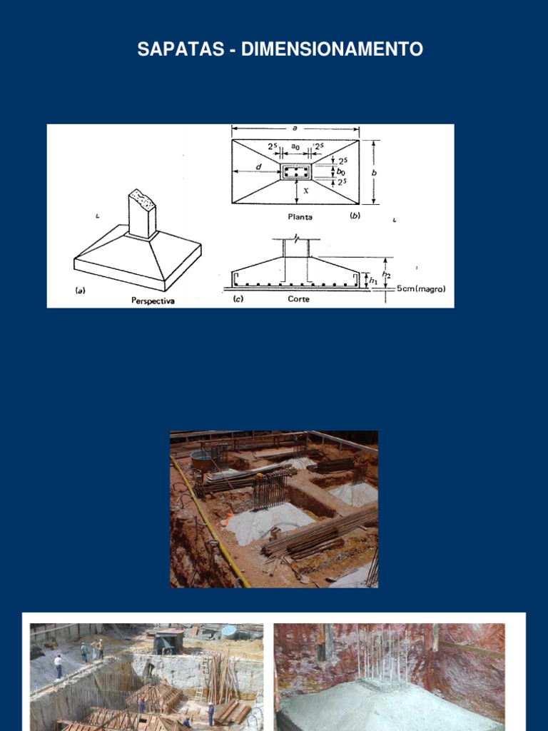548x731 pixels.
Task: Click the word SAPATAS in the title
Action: [x=181, y=49]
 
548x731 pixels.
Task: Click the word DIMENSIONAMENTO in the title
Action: [x=332, y=49]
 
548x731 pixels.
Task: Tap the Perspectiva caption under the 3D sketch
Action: [x=153, y=301]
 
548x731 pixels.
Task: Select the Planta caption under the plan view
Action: [x=300, y=217]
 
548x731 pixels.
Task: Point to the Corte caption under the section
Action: [x=298, y=299]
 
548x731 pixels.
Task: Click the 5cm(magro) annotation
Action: [x=421, y=288]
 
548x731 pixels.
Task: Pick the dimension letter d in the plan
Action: [x=259, y=166]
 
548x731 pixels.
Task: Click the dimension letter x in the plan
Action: [x=305, y=190]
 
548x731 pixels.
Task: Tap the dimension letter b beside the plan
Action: [x=374, y=173]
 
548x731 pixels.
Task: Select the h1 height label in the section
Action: [x=373, y=281]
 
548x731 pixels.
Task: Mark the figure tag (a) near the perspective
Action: [x=80, y=291]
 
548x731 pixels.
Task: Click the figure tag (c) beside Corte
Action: [x=238, y=299]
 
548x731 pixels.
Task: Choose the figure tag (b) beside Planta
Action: [x=355, y=216]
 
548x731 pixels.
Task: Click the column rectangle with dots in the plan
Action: [x=296, y=171]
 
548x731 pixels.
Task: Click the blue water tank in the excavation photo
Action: [x=201, y=460]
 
